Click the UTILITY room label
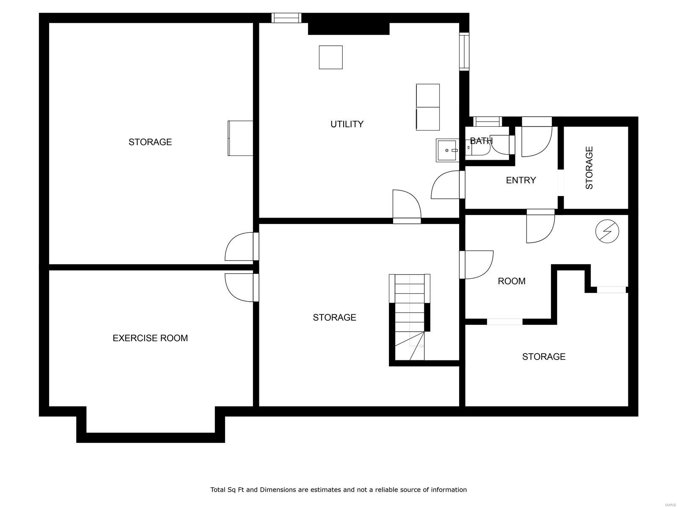pyautogui.click(x=347, y=124)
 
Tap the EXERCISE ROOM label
pyautogui.click(x=150, y=338)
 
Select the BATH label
pyautogui.click(x=481, y=141)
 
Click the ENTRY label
pyautogui.click(x=521, y=180)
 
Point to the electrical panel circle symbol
pyautogui.click(x=607, y=232)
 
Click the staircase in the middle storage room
pyautogui.click(x=410, y=317)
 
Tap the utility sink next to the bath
pyautogui.click(x=447, y=150)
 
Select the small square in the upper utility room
pyautogui.click(x=330, y=57)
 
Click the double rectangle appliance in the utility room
pyautogui.click(x=427, y=107)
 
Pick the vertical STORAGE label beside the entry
pyautogui.click(x=589, y=168)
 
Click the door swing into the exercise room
pyautogui.click(x=240, y=288)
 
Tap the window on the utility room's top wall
pyautogui.click(x=286, y=18)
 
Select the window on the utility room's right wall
pyautogui.click(x=464, y=51)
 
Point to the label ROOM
pyautogui.click(x=511, y=281)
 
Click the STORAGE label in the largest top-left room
pyautogui.click(x=150, y=142)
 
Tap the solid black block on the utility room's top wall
pyautogui.click(x=348, y=28)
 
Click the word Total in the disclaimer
pyautogui.click(x=219, y=490)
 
